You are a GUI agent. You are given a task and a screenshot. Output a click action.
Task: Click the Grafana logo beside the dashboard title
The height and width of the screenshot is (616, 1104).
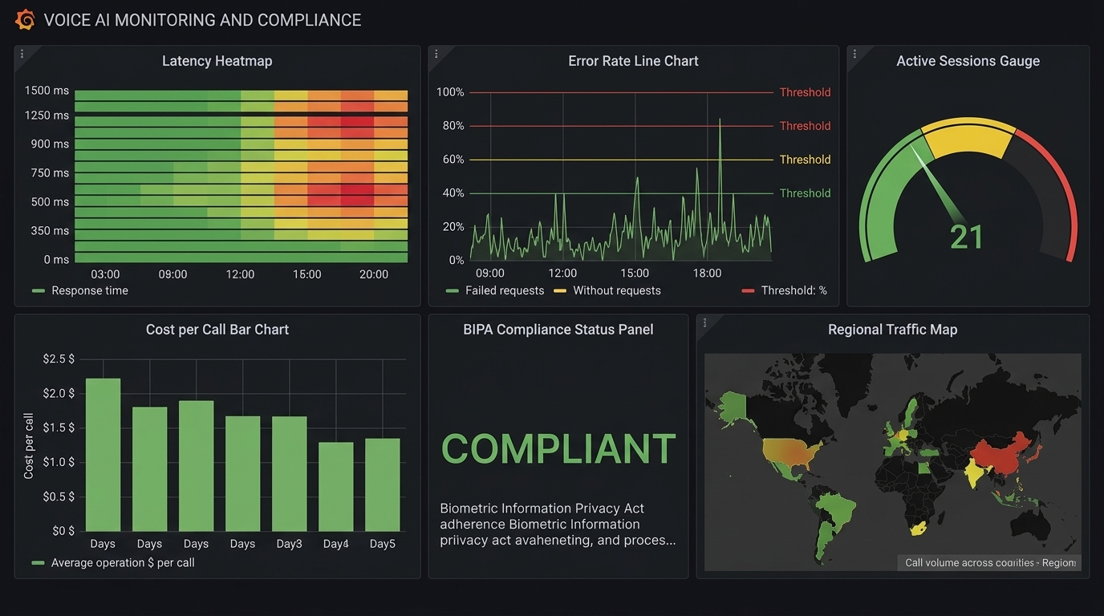tap(25, 19)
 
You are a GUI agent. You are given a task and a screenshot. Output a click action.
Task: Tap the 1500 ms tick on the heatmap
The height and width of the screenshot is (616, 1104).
tap(47, 91)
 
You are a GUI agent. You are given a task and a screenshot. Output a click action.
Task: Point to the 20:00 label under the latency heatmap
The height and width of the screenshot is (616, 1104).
tap(374, 274)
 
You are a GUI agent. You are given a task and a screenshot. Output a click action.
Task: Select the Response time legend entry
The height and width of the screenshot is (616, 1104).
tap(88, 290)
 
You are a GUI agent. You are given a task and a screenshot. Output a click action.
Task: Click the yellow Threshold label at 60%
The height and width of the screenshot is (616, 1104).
tap(805, 160)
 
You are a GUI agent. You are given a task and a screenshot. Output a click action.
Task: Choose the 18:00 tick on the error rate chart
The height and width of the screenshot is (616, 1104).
tap(707, 273)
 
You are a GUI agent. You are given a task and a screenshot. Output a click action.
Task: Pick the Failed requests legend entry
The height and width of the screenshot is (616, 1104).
tap(504, 290)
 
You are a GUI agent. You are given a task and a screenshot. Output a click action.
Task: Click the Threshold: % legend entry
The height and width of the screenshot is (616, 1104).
tap(793, 290)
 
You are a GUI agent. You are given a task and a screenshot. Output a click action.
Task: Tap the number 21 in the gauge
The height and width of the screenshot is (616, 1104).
tap(967, 237)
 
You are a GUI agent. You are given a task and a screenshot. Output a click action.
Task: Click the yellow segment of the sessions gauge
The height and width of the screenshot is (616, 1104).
tap(968, 136)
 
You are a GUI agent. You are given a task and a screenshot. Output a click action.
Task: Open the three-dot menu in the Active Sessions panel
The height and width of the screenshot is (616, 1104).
tap(855, 55)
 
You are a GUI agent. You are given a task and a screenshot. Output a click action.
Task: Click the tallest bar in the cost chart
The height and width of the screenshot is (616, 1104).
tap(103, 453)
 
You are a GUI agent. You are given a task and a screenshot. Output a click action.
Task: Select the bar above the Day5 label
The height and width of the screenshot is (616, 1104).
tap(382, 484)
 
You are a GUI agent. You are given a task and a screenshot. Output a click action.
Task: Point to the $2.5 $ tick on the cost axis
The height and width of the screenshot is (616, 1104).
tap(59, 359)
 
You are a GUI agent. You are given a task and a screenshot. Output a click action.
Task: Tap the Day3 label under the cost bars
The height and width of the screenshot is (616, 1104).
tap(289, 544)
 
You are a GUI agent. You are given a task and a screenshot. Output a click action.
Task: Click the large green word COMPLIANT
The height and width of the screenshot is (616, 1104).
tap(558, 449)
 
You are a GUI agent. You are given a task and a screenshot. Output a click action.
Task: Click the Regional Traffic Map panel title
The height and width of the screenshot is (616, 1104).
tap(892, 330)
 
